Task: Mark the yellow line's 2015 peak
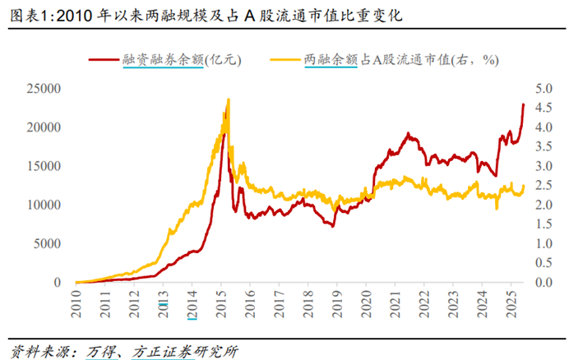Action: pyautogui.click(x=228, y=99)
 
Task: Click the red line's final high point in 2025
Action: pyautogui.click(x=524, y=104)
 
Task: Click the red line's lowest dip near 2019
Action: pyautogui.click(x=333, y=225)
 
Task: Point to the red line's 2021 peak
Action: pyautogui.click(x=407, y=132)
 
